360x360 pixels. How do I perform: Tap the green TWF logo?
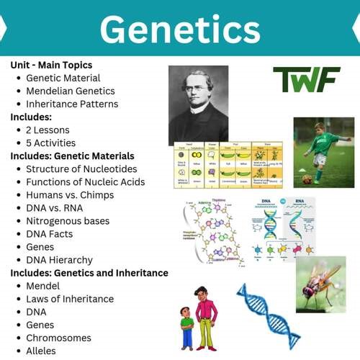point(306,79)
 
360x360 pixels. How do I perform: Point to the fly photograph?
point(320,284)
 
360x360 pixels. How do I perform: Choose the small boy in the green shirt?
point(186,328)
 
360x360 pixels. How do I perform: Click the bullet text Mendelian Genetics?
point(71,91)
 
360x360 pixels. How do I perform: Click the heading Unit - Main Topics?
point(51,65)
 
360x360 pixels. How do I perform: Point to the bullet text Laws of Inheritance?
point(70,299)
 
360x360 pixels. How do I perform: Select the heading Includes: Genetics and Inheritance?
point(89,273)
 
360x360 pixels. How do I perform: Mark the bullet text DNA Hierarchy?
point(59,260)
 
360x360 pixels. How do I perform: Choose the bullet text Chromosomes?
point(58,338)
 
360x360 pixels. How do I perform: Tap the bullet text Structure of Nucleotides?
point(81,169)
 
